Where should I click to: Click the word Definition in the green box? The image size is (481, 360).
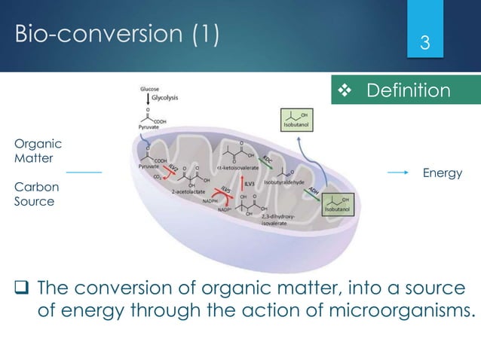[408, 91]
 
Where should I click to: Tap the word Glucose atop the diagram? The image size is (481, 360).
[148, 89]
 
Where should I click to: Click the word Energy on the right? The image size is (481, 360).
[443, 173]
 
